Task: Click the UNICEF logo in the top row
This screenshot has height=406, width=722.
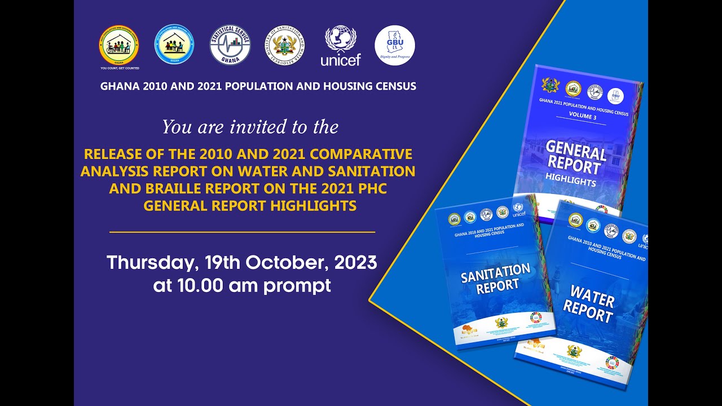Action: pos(340,45)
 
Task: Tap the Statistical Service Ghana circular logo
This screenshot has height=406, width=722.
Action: pos(230,45)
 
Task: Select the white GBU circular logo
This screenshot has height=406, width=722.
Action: pos(395,45)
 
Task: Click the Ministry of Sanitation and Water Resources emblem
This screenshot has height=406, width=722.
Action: pos(285,45)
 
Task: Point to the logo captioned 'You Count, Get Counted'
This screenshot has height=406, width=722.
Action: pos(119,46)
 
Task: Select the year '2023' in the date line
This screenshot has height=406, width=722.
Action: pos(355,263)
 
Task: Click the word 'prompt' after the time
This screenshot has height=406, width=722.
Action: pos(297,285)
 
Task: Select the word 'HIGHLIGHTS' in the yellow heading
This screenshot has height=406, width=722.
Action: pos(313,206)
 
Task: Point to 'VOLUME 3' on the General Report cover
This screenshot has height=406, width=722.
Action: pos(582,116)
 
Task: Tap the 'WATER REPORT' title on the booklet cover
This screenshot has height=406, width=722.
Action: pos(589,303)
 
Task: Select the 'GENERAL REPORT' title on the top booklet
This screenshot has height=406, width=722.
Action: pos(575,158)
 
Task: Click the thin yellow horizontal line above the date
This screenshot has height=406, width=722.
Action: pos(242,232)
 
